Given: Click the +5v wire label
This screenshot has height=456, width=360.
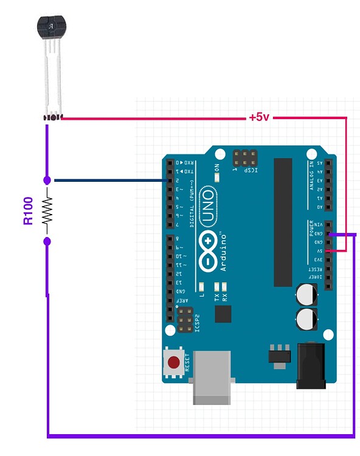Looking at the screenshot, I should click(x=258, y=117).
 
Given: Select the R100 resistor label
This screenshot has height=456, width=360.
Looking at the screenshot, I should click(x=28, y=211).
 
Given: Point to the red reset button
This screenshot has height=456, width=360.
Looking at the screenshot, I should click(x=174, y=363).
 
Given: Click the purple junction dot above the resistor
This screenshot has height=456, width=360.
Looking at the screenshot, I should click(x=47, y=180).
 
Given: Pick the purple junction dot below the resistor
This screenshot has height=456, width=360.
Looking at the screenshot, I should click(x=47, y=242).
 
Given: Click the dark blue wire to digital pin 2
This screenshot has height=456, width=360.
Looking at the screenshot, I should click(x=109, y=180).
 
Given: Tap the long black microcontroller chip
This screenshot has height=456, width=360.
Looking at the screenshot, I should click(x=283, y=222).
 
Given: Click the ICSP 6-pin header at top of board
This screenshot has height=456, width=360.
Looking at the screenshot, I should click(x=244, y=159).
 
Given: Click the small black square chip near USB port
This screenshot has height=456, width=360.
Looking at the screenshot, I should click(x=223, y=314).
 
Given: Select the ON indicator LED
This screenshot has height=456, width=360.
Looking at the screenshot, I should click(x=217, y=178).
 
